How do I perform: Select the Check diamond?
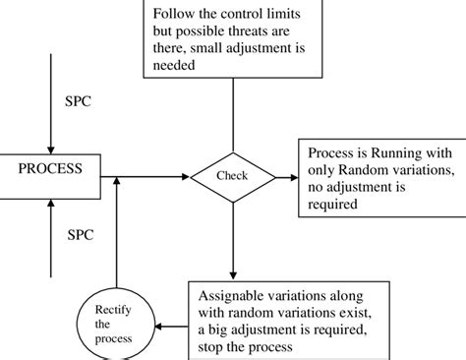[x=233, y=177]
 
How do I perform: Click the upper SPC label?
[x=81, y=102]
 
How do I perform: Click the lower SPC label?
[x=81, y=237]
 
